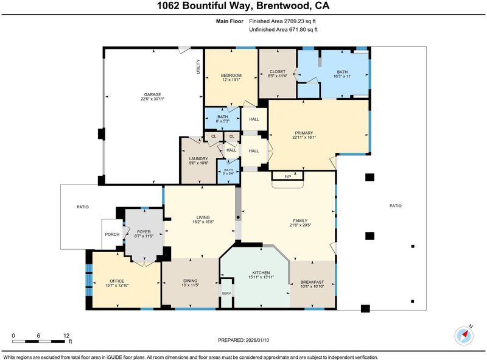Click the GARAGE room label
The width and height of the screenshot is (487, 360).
[x=152, y=94]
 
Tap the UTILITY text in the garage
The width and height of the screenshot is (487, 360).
[x=198, y=66]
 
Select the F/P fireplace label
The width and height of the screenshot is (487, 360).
[x=288, y=177]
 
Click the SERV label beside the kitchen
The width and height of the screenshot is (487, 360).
[x=226, y=294]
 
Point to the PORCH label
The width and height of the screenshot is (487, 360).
[x=112, y=234]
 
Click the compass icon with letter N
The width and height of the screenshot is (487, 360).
[x=464, y=335]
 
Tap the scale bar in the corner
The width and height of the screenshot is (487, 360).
[x=39, y=341]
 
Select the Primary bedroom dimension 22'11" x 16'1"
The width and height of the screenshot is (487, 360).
[x=304, y=137]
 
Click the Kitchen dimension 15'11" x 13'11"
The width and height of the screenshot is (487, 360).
[x=261, y=277]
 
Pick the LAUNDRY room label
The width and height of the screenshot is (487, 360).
[x=198, y=158]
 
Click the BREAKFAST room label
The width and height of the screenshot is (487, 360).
[x=312, y=282]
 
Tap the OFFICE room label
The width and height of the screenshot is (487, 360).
[x=117, y=281]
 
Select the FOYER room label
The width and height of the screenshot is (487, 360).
[x=144, y=232]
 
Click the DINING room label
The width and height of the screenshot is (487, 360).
[x=190, y=281]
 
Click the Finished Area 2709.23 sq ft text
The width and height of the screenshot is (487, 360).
[x=282, y=21]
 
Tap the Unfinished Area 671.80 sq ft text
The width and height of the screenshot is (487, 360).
[x=283, y=29]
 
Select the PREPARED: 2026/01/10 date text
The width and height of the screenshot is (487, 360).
[x=243, y=340]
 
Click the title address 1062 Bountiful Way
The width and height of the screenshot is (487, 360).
[x=203, y=6]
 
